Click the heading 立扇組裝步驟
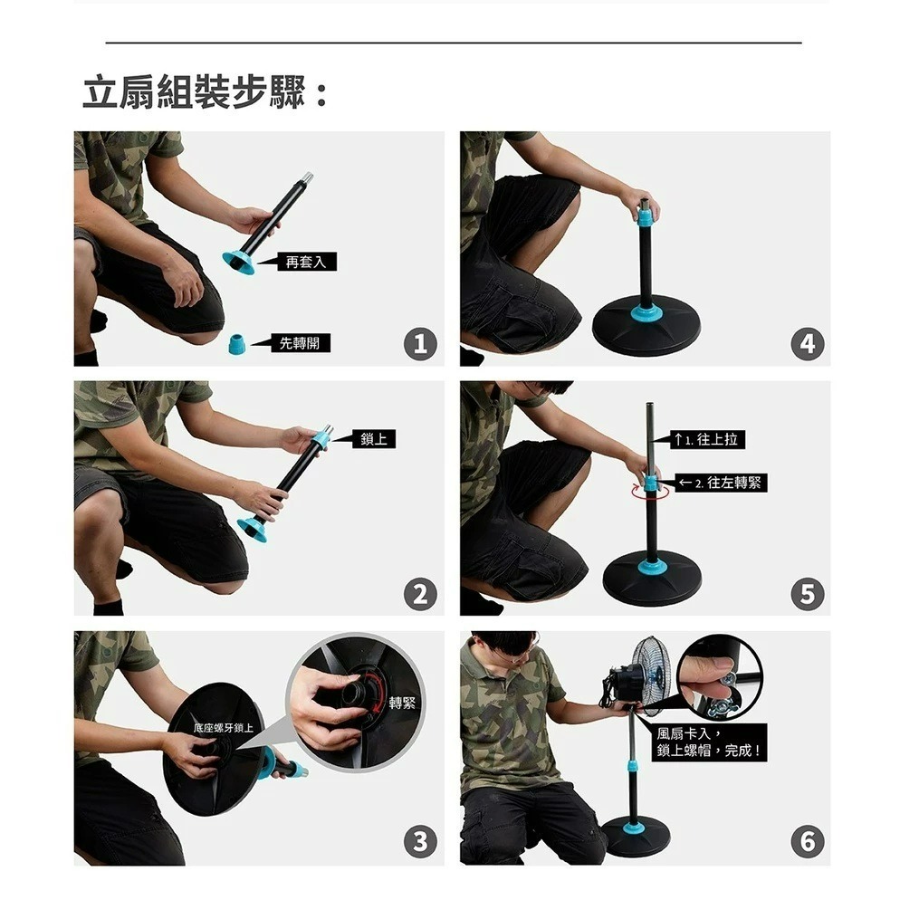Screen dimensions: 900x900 click(205, 94)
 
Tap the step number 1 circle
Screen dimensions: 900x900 click(419, 344)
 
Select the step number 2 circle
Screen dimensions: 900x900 click(419, 594)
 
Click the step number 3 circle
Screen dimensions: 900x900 click(419, 842)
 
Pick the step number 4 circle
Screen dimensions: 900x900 click(807, 344)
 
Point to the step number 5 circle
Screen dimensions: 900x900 click(807, 594)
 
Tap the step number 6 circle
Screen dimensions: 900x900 click(807, 842)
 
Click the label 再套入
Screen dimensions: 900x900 click(304, 262)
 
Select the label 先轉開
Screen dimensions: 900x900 click(299, 342)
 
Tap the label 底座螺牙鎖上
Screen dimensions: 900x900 click(224, 728)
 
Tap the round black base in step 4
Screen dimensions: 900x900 click(646, 330)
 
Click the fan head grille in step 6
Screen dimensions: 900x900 click(652, 672)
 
